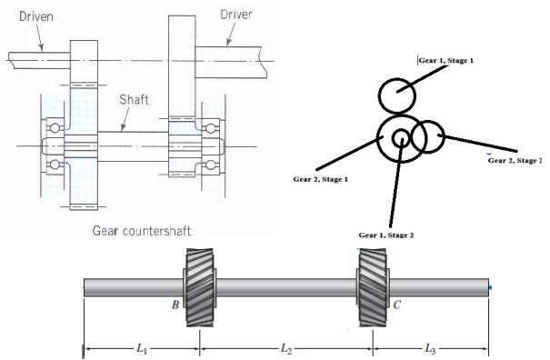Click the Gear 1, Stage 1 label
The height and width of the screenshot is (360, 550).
(x=446, y=60)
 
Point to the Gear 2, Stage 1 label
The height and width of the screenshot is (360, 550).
(x=321, y=179)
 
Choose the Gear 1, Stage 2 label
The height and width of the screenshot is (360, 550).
(x=385, y=235)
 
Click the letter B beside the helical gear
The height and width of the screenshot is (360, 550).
(x=175, y=305)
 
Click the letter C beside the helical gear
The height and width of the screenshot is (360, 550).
(x=396, y=305)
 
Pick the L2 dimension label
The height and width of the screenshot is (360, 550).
(x=285, y=348)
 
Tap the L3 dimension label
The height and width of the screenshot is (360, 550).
(x=431, y=348)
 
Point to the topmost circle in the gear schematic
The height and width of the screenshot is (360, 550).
(x=397, y=95)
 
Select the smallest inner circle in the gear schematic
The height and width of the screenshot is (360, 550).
(x=401, y=138)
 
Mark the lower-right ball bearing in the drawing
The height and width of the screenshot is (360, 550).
(x=215, y=164)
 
